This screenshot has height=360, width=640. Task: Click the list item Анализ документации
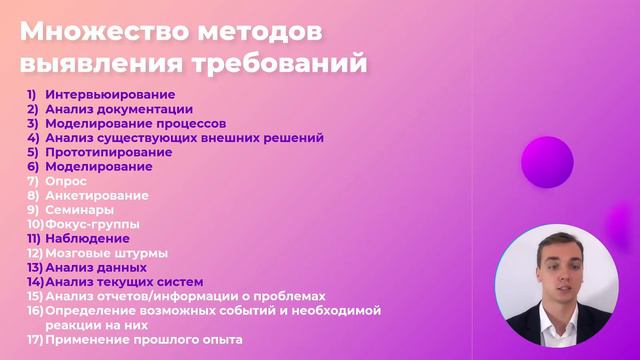pyautogui.click(x=119, y=109)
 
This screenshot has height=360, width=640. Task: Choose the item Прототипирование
pyautogui.click(x=108, y=152)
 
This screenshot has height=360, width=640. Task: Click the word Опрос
pyautogui.click(x=66, y=181)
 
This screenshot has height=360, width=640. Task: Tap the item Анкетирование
pyautogui.click(x=97, y=196)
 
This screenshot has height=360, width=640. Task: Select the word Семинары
pyautogui.click(x=79, y=210)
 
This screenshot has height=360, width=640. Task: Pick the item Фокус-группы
pyautogui.click(x=93, y=224)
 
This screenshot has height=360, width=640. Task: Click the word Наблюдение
pyautogui.click(x=87, y=239)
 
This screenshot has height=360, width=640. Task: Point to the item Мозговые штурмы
pyautogui.click(x=106, y=253)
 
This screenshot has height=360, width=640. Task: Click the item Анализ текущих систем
pyautogui.click(x=124, y=282)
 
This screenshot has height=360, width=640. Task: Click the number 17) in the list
pyautogui.click(x=34, y=340)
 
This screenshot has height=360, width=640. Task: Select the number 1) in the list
pyautogui.click(x=32, y=94)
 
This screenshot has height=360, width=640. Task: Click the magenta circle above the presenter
pyautogui.click(x=547, y=162)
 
